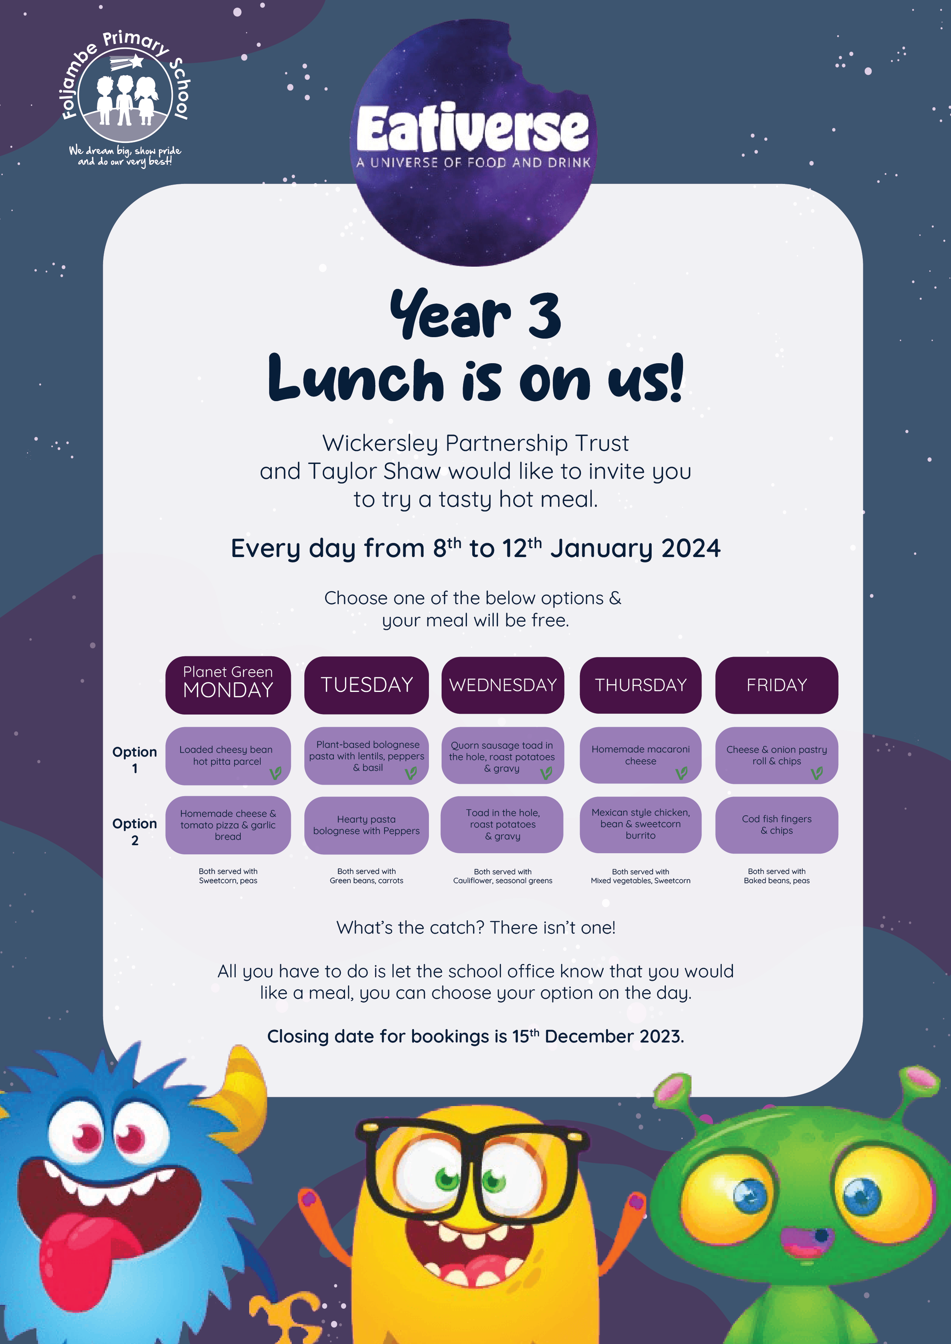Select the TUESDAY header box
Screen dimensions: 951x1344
coord(366,685)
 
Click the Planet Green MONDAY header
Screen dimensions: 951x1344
coord(228,685)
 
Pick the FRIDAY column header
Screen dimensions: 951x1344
coord(777,685)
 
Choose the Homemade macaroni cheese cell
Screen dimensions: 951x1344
coord(641,755)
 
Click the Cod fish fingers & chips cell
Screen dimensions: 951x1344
coord(777,825)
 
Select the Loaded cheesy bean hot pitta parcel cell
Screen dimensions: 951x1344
coord(228,756)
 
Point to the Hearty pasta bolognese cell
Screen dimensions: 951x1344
coord(366,825)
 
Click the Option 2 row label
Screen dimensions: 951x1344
coord(135,831)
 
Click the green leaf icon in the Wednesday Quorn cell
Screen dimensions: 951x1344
coord(546,774)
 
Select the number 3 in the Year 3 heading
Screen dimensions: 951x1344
coord(545,316)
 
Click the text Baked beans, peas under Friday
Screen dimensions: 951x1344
coord(777,880)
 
